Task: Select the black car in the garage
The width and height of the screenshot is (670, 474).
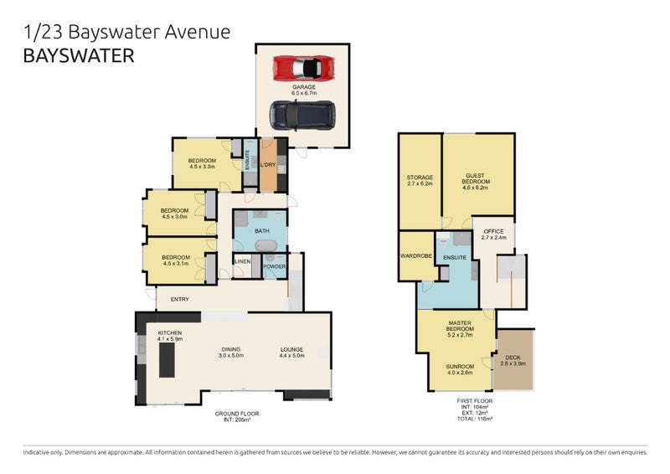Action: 301,111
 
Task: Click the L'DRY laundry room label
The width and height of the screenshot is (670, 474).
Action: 269,165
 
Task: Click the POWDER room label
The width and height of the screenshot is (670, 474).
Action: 275,267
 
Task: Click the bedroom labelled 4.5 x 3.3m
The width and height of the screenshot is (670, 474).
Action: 202,163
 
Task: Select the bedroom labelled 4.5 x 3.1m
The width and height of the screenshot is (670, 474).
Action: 175,260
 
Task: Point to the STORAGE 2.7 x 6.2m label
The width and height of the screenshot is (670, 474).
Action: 420,181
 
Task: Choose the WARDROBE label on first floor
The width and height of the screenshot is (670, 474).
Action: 416,256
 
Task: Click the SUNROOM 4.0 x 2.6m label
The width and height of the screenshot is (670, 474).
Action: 460,369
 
